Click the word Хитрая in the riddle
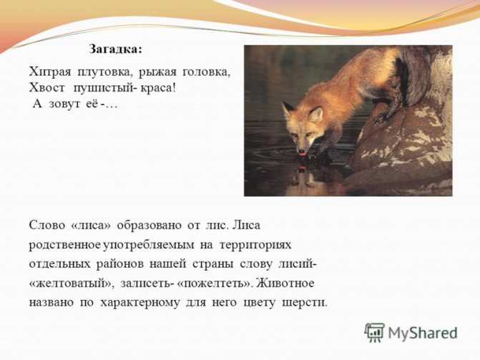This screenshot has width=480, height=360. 50,72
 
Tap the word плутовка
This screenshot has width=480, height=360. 105,72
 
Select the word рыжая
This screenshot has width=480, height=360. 157,73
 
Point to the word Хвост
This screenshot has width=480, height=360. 46,88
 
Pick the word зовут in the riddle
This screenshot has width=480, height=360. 64,104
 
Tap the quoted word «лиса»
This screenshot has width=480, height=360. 91,225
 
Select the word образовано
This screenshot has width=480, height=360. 150,225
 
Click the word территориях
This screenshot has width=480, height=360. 255,245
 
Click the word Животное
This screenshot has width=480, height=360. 285,283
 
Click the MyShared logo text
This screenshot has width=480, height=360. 423,333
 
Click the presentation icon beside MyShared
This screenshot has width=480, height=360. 374,332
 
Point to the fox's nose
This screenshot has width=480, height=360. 302,151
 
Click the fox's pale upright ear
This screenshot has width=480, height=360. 316,115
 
